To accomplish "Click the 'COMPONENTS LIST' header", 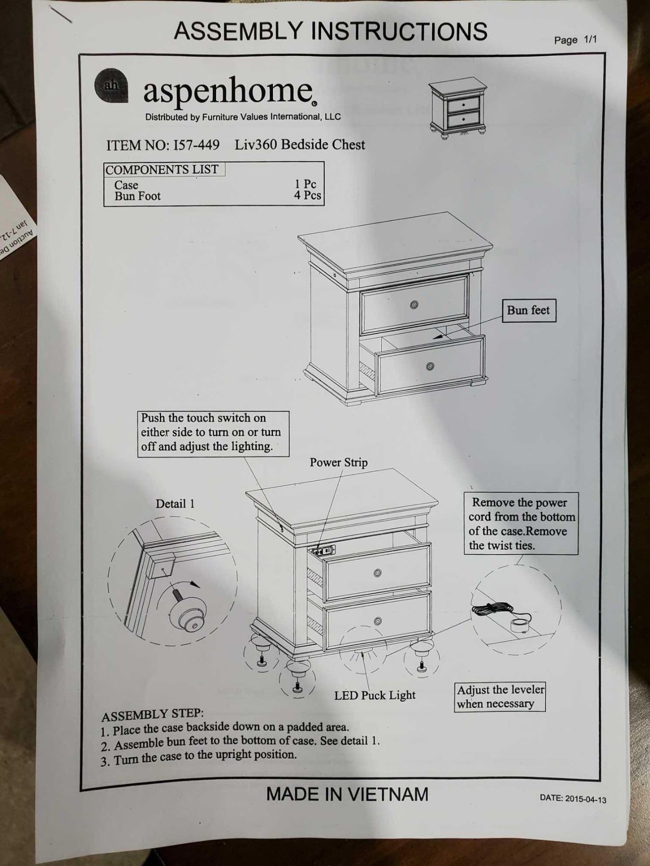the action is pyautogui.click(x=162, y=169).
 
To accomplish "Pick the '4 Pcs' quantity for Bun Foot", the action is pyautogui.click(x=308, y=195).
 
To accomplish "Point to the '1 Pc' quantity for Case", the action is pyautogui.click(x=305, y=184).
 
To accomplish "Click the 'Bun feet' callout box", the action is pyautogui.click(x=528, y=310).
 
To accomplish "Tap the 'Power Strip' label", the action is pyautogui.click(x=338, y=462).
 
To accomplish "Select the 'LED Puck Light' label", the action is pyautogui.click(x=375, y=695).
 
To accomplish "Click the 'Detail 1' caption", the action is pyautogui.click(x=175, y=504).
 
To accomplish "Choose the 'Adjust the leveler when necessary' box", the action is pyautogui.click(x=500, y=697).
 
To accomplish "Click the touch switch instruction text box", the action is pyautogui.click(x=213, y=433).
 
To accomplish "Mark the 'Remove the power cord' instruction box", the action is pyautogui.click(x=521, y=524).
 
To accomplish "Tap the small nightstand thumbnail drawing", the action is pyautogui.click(x=458, y=109).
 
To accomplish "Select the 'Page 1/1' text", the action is pyautogui.click(x=575, y=40).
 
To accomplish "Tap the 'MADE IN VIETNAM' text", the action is pyautogui.click(x=347, y=793).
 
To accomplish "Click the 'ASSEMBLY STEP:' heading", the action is pyautogui.click(x=153, y=715).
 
